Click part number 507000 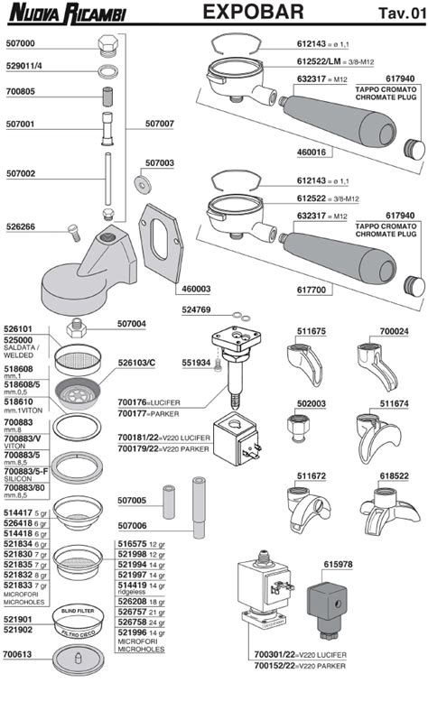[20, 43]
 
